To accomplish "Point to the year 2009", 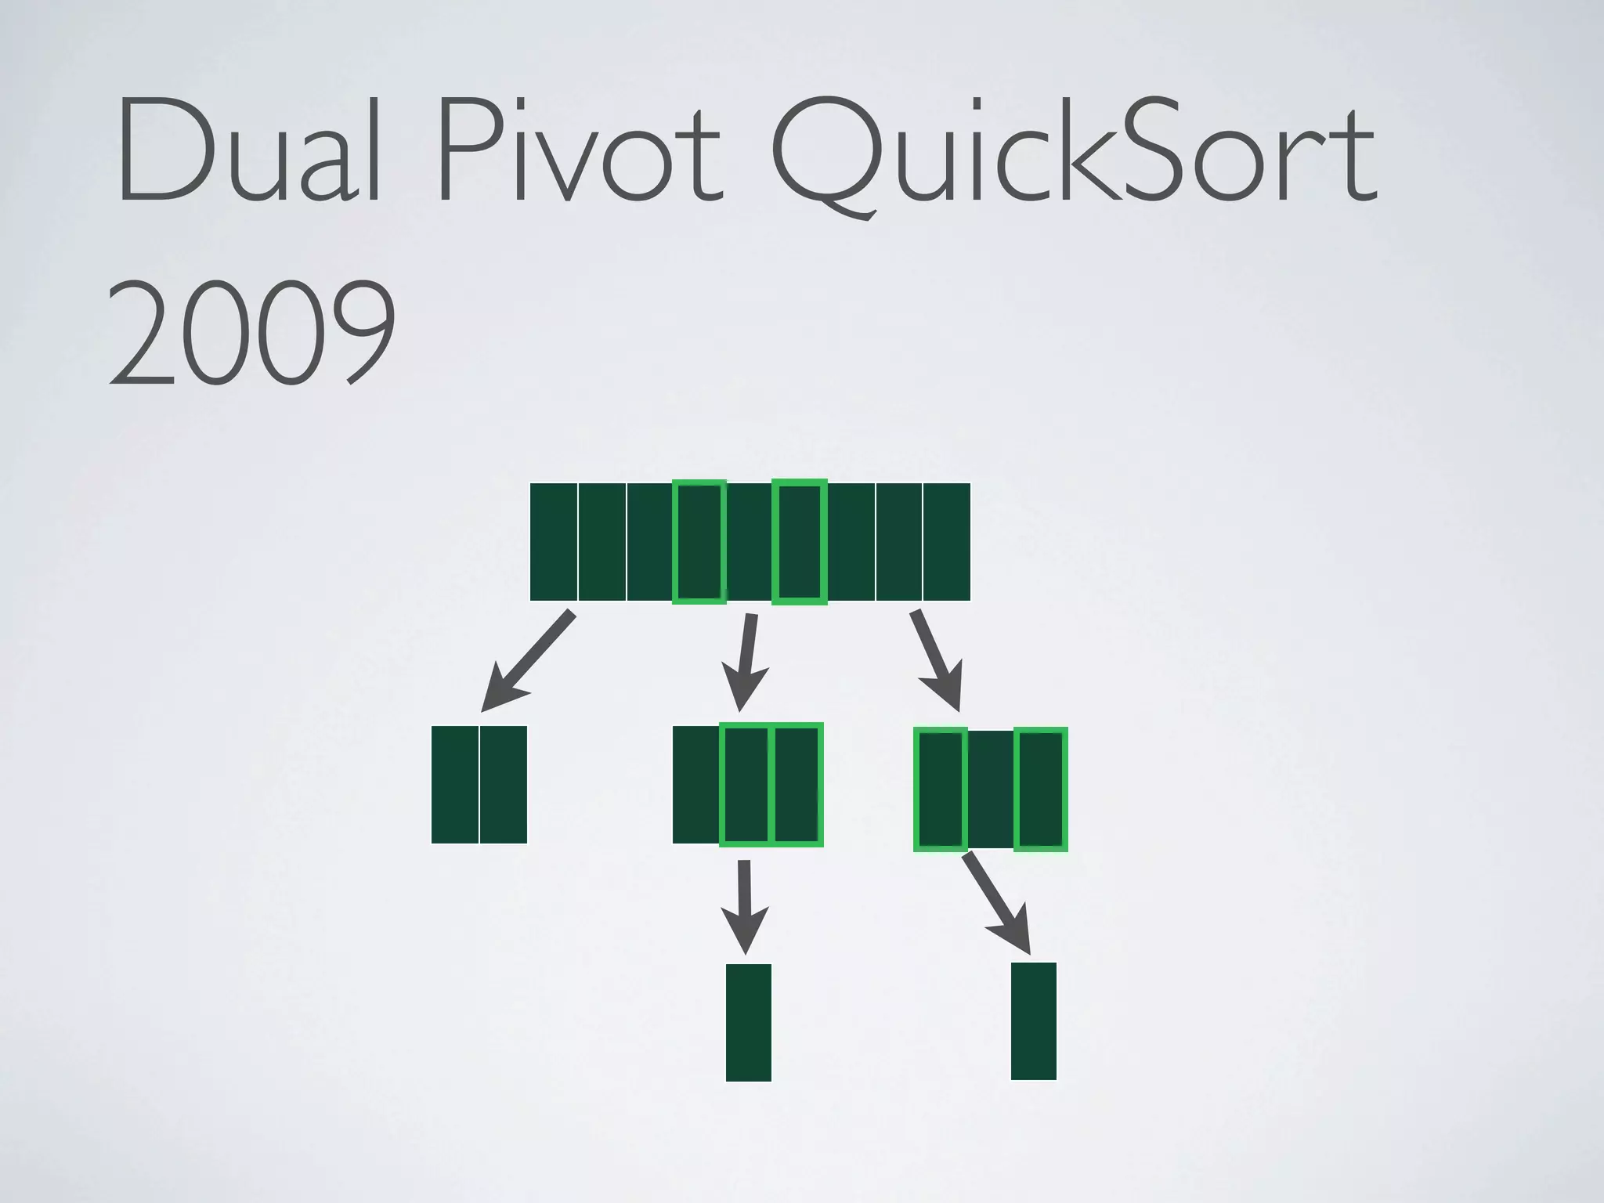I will pos(251,333).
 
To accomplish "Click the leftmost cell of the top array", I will pos(554,542).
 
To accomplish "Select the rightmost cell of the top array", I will pos(947,542).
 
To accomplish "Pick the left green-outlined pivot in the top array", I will pos(699,542).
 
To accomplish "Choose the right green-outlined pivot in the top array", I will pos(799,542).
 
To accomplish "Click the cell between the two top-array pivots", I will pos(750,542).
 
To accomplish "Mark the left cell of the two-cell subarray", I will pos(455,785).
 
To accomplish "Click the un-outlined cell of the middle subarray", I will pos(696,785).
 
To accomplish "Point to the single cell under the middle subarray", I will pos(749,1023).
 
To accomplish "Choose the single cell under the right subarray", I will pos(1034,1021).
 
